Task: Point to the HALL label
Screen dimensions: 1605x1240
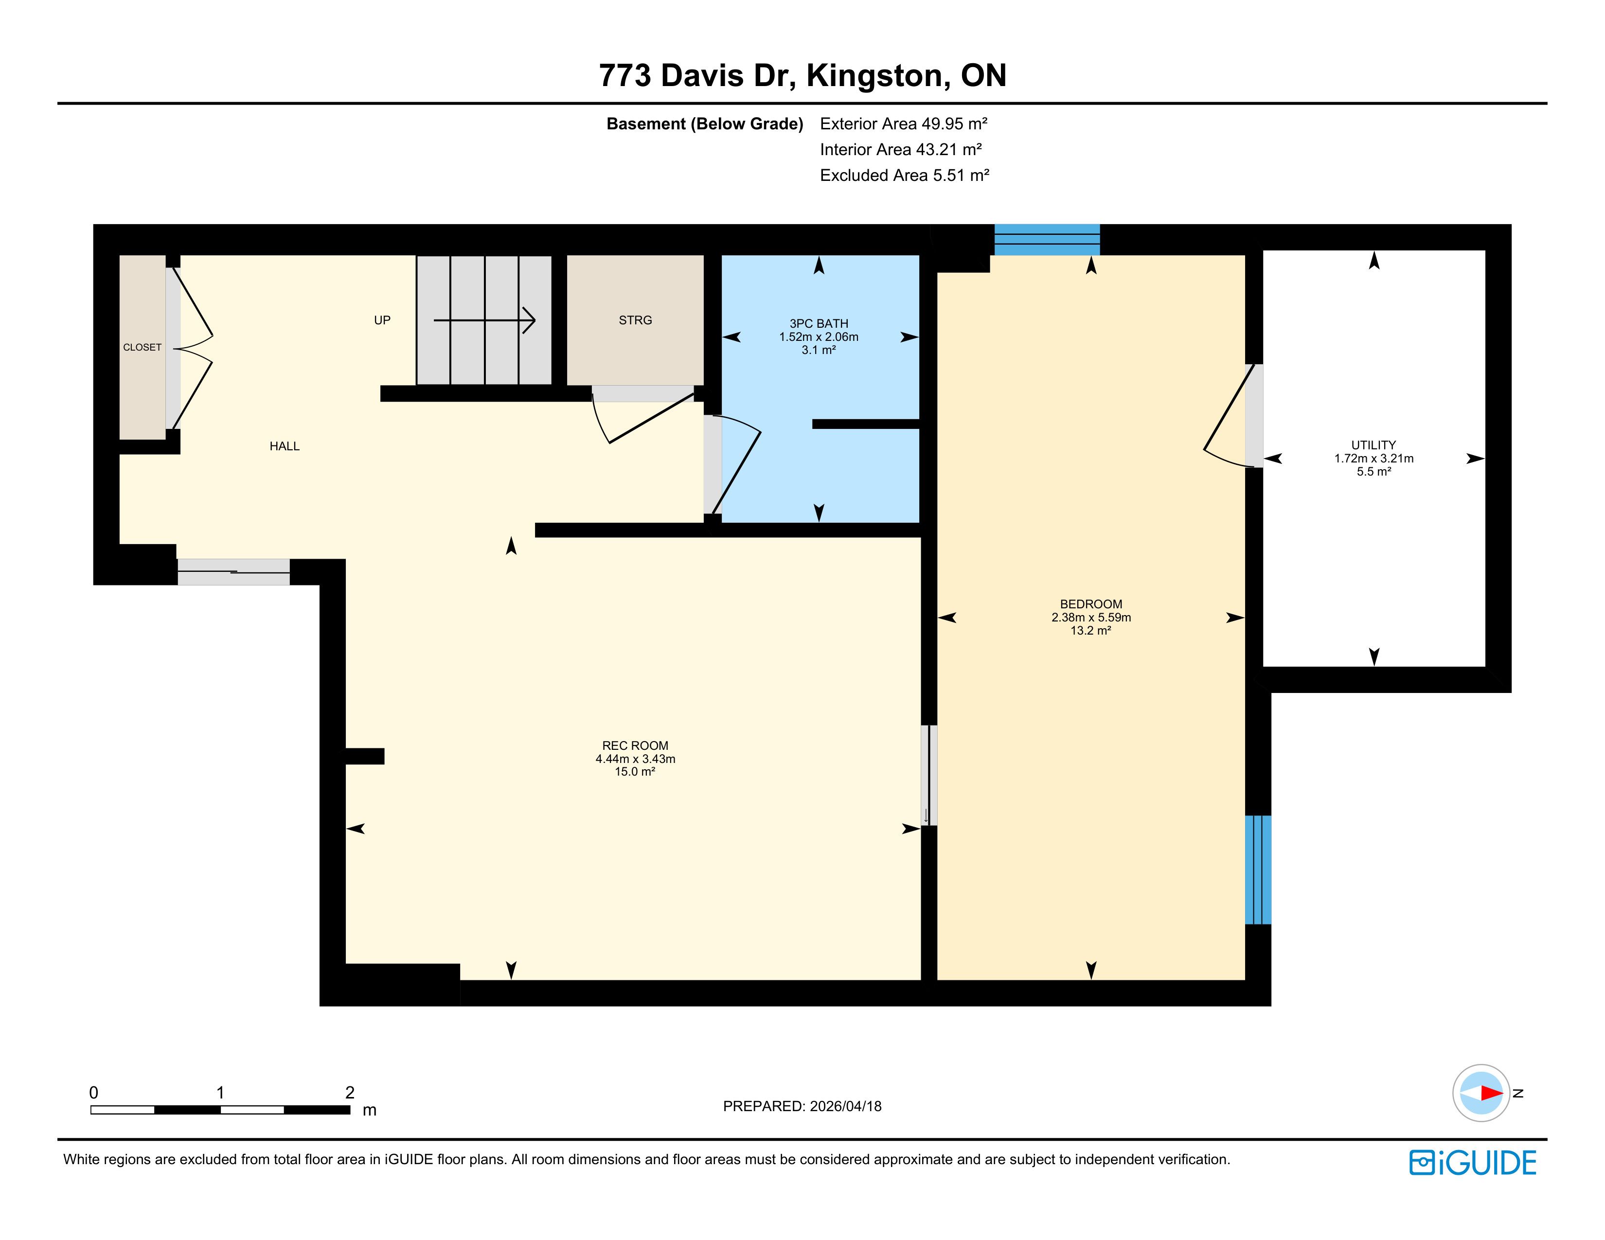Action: pyautogui.click(x=285, y=446)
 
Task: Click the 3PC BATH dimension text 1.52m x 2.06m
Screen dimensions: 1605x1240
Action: pyautogui.click(x=819, y=337)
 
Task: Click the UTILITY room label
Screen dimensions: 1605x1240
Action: pyautogui.click(x=1373, y=445)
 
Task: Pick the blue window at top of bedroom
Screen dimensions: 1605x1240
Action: pyautogui.click(x=1047, y=239)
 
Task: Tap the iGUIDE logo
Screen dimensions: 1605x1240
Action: pyautogui.click(x=1473, y=1163)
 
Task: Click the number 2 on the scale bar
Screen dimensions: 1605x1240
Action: pyautogui.click(x=350, y=1092)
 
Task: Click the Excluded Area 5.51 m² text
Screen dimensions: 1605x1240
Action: pyautogui.click(x=905, y=176)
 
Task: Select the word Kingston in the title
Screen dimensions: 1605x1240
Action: pyautogui.click(x=874, y=76)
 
